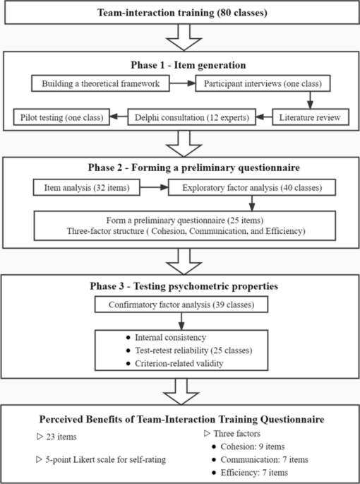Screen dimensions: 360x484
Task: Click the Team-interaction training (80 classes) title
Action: [x=182, y=13]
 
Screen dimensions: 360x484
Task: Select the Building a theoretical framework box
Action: [x=100, y=83]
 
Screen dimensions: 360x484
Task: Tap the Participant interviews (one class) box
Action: [x=263, y=83]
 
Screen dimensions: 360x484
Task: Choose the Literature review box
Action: [x=311, y=117]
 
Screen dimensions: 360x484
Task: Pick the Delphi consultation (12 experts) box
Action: [x=192, y=117]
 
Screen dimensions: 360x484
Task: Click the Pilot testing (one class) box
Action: [x=61, y=117]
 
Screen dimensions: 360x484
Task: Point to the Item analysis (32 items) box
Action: [x=87, y=188]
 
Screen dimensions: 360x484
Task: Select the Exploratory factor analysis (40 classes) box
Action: [x=252, y=188]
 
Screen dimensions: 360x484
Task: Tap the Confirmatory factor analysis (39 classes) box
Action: [x=181, y=305]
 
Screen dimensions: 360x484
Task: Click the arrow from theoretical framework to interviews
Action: [x=183, y=83]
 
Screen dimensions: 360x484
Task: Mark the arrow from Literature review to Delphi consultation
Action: [x=264, y=117]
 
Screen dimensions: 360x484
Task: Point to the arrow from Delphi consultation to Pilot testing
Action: [x=119, y=117]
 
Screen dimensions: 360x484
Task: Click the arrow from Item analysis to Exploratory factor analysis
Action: [x=154, y=187]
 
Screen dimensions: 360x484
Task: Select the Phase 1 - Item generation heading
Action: [x=188, y=65]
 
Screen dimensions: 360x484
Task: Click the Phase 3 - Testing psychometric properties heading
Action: [x=184, y=286]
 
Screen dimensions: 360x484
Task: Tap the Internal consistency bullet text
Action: [x=171, y=337]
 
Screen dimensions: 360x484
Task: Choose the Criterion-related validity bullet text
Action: [x=179, y=363]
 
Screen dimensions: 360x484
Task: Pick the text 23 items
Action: [x=61, y=437]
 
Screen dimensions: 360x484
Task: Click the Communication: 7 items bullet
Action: [x=265, y=459]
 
